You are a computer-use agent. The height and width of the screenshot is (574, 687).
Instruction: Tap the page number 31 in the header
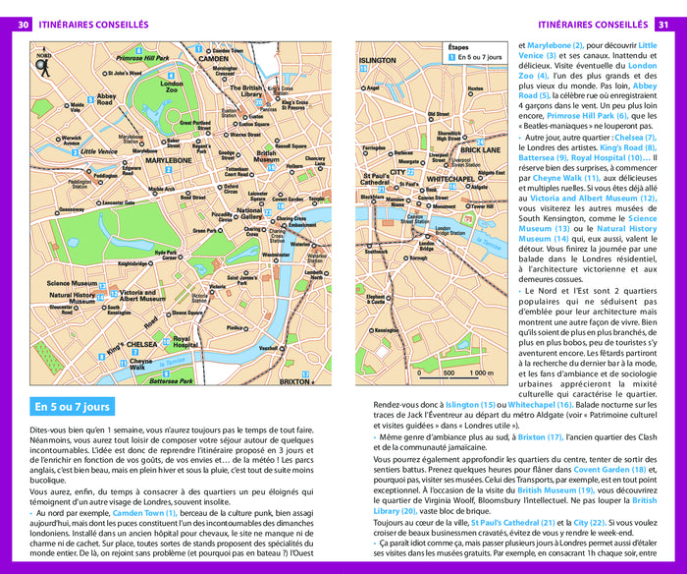click(x=664, y=25)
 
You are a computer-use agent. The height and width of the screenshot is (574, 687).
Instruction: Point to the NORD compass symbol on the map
click(x=43, y=67)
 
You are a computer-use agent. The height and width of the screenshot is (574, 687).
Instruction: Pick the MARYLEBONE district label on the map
click(x=168, y=159)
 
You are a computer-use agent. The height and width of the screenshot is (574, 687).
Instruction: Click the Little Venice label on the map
click(x=99, y=152)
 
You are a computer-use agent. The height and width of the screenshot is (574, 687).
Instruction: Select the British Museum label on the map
click(x=269, y=156)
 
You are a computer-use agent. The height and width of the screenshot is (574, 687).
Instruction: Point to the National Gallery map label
click(x=249, y=214)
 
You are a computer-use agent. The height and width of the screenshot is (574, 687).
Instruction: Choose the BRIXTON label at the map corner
click(x=294, y=380)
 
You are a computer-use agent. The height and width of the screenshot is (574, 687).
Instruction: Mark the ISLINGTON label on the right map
click(x=378, y=60)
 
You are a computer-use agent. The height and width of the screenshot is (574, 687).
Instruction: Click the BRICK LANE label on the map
click(x=481, y=149)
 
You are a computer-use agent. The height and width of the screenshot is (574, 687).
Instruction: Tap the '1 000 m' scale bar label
click(x=481, y=373)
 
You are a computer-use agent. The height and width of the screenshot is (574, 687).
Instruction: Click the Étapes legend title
click(x=458, y=47)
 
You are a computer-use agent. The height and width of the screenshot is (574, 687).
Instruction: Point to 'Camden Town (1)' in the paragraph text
click(x=144, y=513)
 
